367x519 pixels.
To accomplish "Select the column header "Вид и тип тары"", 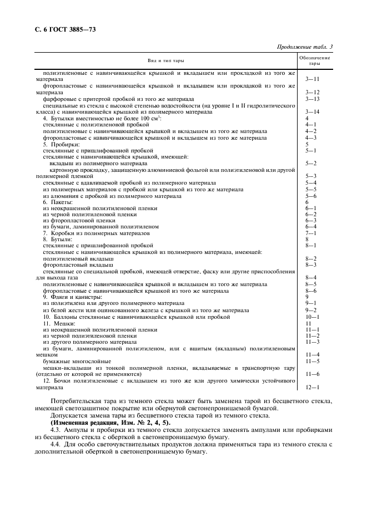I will pos(166,60).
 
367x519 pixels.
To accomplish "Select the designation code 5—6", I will pos(311,196).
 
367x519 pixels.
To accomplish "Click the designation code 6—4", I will pos(311,226).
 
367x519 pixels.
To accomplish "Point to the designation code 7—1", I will pos(311,233).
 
